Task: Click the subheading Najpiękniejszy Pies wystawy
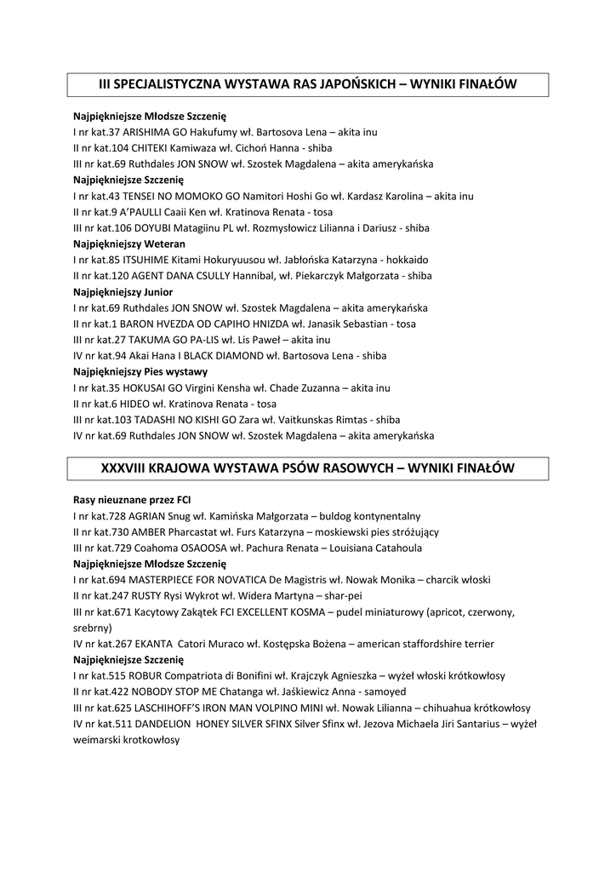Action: (140, 371)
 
